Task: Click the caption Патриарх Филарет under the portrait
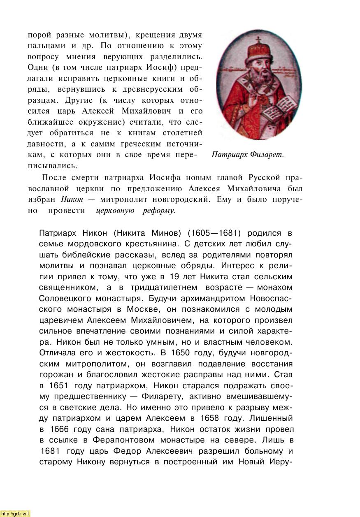coord(248,155)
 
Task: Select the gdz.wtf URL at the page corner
coord(16,513)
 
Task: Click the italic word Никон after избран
coord(72,199)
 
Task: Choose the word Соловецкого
coord(66,298)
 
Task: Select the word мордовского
coord(97,244)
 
